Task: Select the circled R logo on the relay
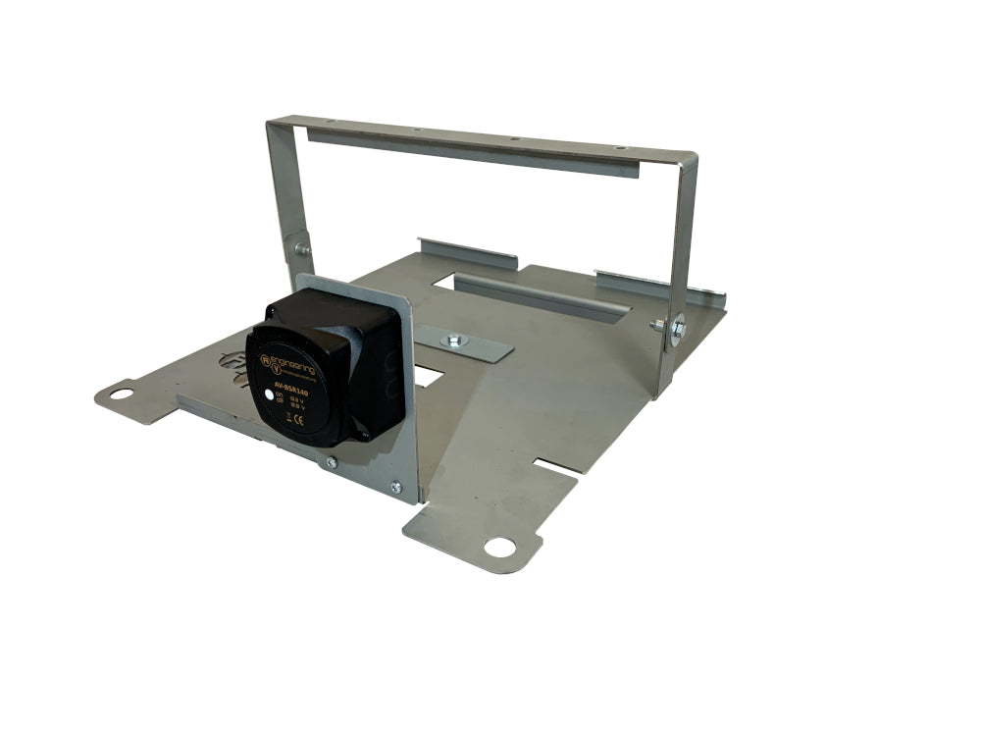pos(265,361)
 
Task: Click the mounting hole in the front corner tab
pos(498,547)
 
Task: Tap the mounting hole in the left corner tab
pos(121,394)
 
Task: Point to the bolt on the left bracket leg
pos(300,249)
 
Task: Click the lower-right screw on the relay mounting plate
pos(395,487)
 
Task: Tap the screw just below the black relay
pos(331,462)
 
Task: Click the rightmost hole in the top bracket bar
pos(617,147)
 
